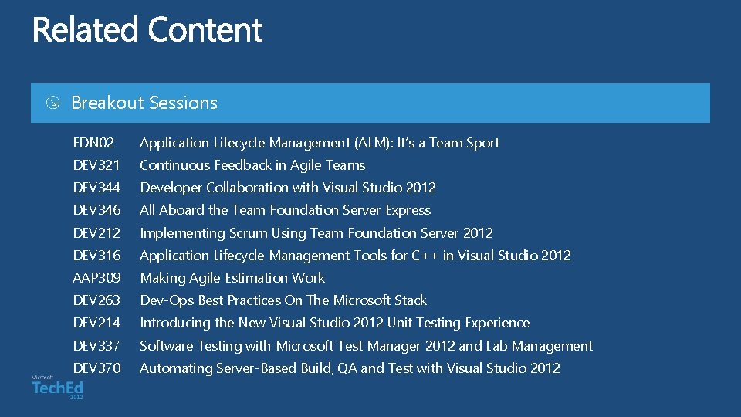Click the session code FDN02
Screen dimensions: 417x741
[93, 143]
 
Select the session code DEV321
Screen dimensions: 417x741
[96, 165]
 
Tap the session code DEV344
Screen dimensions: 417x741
[96, 188]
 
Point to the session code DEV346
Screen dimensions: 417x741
[96, 210]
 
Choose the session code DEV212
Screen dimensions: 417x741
[96, 233]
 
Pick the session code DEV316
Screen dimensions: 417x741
[96, 256]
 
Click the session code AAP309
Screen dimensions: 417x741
[96, 278]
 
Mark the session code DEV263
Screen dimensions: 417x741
[96, 300]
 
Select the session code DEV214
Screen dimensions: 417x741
[96, 323]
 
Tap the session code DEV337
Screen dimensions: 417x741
[96, 346]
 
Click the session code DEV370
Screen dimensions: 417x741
[96, 368]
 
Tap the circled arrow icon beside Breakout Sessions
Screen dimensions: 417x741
[51, 103]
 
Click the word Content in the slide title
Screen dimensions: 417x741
[205, 31]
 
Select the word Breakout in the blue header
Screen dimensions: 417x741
[107, 103]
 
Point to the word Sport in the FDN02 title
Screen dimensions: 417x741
[482, 143]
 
